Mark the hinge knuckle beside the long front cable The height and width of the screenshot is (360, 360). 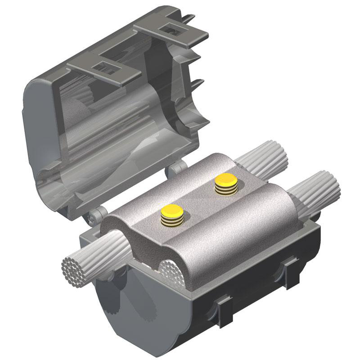tap(95, 217)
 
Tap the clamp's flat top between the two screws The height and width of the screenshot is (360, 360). tap(198, 193)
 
